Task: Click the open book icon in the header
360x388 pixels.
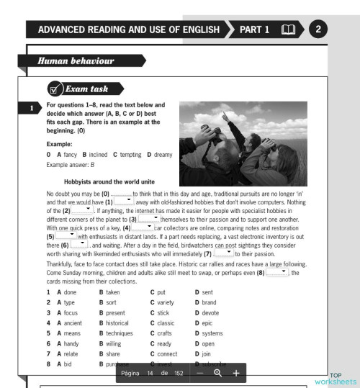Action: pyautogui.click(x=287, y=30)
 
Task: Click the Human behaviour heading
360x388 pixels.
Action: pyautogui.click(x=73, y=63)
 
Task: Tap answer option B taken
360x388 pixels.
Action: pyautogui.click(x=112, y=291)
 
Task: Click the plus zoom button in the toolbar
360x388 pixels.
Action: pyautogui.click(x=235, y=373)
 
